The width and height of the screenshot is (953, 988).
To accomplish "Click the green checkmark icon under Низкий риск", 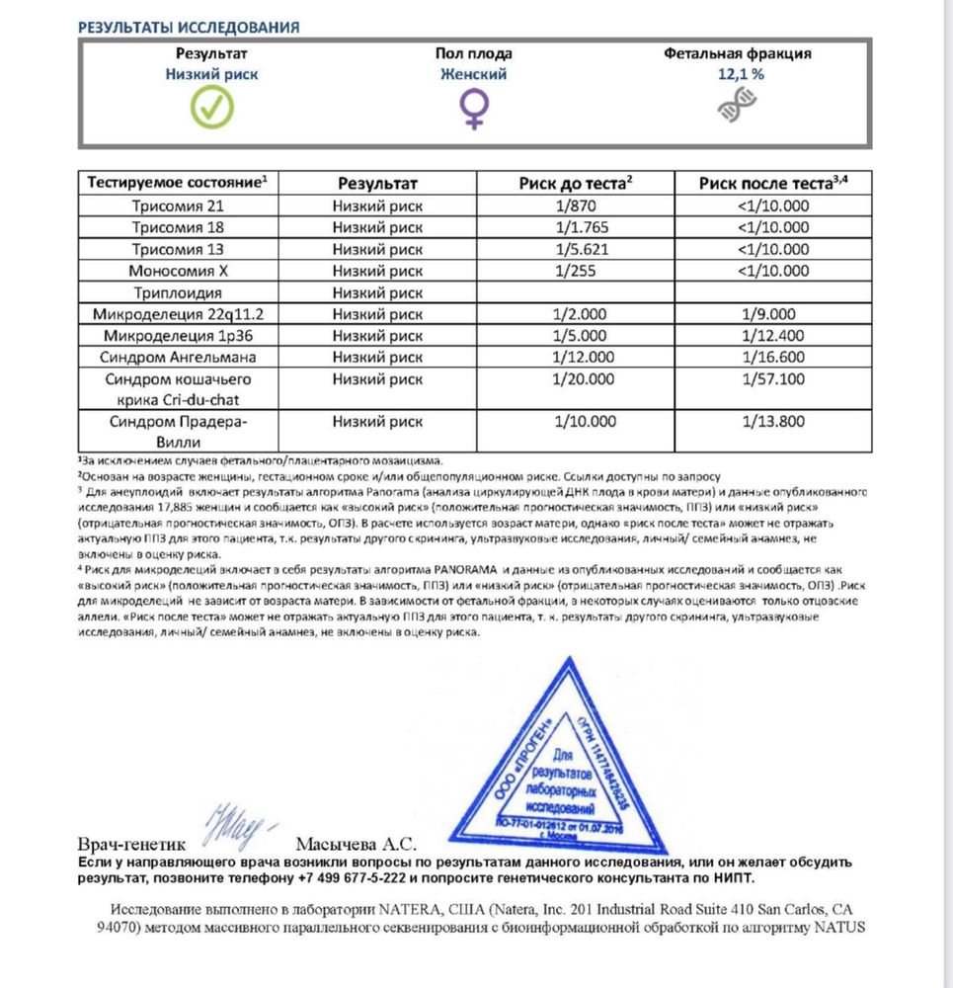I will coord(212,107).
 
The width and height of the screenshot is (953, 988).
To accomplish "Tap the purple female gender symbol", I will coord(474,107).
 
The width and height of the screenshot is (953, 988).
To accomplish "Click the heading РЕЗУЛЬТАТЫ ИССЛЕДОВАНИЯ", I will coord(189,27).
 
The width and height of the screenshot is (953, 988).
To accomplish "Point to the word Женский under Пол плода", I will coord(474,74).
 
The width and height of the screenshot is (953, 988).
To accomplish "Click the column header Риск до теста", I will coord(575,183).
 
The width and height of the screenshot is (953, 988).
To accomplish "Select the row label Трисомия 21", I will coord(178,206).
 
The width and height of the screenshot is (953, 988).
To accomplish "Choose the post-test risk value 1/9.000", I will coord(773,314).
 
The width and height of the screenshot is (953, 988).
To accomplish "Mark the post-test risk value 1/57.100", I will coord(773,379).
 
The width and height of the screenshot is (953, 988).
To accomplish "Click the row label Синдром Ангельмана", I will coord(178,358).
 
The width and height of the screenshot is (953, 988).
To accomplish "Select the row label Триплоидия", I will coord(178,292).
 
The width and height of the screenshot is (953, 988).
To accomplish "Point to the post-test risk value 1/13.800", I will coord(773,422).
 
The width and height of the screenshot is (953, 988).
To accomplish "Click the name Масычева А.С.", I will coord(357,845).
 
